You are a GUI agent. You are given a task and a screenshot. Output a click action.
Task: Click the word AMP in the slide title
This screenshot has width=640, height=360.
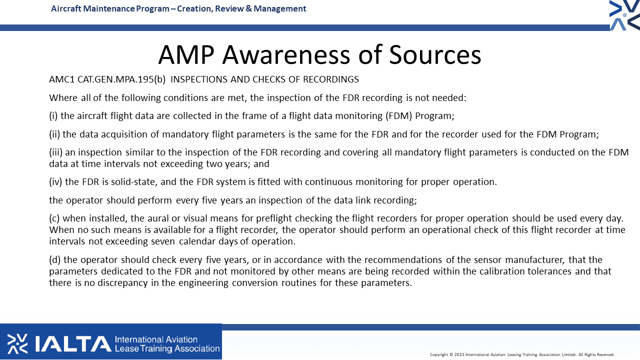pos(186,54)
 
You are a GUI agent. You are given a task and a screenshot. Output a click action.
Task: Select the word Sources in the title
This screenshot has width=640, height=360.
pos(435,54)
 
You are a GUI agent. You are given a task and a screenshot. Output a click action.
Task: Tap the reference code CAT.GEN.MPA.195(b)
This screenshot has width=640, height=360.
pos(121,79)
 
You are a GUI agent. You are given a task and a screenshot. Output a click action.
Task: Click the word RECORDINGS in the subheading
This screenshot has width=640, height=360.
pos(331,79)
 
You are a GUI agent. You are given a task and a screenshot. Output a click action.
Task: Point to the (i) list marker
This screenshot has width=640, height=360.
pos(53,115)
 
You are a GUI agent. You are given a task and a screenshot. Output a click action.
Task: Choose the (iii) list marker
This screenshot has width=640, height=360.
pos(55,152)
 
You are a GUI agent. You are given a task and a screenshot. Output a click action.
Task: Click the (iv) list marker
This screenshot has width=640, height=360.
pos(55,181)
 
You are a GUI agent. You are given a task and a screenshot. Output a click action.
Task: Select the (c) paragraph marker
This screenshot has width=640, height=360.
pos(54,218)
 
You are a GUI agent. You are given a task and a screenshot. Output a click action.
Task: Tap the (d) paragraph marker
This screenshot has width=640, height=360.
pos(54,259)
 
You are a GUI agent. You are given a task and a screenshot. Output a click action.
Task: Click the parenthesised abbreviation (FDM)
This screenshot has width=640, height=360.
pos(399,115)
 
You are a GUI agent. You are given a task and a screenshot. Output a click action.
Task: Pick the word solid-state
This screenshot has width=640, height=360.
pos(134,181)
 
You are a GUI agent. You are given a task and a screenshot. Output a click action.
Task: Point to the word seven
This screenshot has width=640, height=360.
pos(163,241)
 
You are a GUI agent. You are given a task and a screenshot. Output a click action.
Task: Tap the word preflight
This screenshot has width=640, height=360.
pos(273,218)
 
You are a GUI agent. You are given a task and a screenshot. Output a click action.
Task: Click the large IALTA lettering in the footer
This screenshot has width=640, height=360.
pos(73,343)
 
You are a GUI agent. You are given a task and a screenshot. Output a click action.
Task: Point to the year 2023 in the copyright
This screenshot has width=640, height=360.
pos(459,354)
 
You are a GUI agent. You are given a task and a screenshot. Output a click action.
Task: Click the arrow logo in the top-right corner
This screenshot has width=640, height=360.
pos(624,15)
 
